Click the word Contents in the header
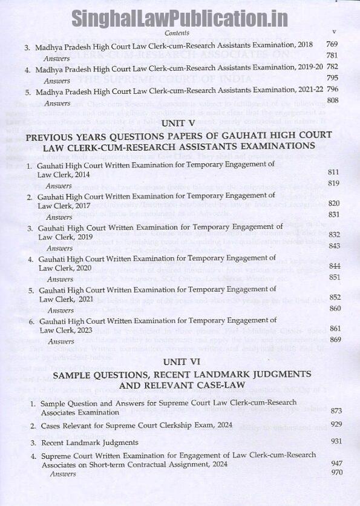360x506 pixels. pyautogui.click(x=177, y=33)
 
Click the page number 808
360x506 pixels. pyautogui.click(x=333, y=99)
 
